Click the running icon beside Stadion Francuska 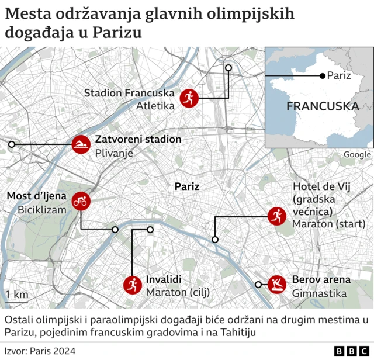(189, 98)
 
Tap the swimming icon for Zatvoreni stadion (81, 144)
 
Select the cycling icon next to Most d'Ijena (81, 202)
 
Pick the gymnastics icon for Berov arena (276, 285)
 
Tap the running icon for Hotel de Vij (276, 217)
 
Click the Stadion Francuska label (129, 93)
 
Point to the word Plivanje (115, 153)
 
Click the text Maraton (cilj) (178, 292)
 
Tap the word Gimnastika (319, 293)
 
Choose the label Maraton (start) (328, 224)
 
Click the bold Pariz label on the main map (187, 187)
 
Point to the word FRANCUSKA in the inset (322, 107)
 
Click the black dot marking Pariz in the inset (321, 75)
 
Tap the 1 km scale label (16, 295)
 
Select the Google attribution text (356, 154)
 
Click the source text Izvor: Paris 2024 (40, 351)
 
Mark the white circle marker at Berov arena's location (258, 285)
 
